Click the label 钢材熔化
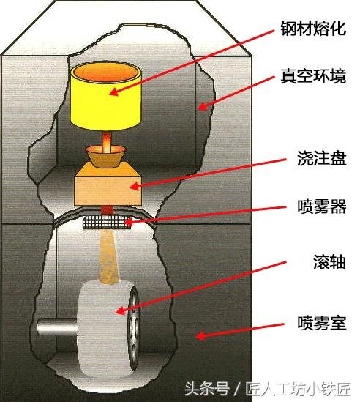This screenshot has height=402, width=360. pos(313,28)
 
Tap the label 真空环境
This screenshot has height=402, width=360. pos(313,75)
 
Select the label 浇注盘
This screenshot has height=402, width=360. pos(321,157)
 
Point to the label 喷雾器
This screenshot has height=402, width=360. pos(321,206)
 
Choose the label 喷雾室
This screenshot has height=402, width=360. pos(321,322)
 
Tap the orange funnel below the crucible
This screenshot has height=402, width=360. pos(105,157)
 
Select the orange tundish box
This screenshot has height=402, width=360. pos(108,184)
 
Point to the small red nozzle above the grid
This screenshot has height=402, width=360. pos(107,210)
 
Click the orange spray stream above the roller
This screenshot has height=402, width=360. pos(108,256)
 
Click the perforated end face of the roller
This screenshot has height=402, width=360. pos(134,328)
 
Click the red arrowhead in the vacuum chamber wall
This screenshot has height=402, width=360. pos(203,106)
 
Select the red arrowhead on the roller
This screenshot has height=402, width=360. pos(121,310)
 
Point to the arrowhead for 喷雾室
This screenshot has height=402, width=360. pos(200,336)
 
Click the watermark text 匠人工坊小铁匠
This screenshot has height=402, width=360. pos(298,389)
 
